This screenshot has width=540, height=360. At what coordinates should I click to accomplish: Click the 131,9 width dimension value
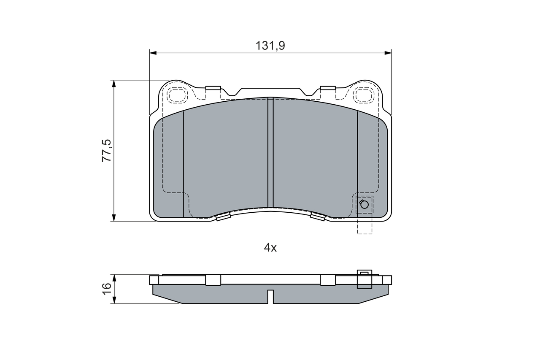click(x=270, y=46)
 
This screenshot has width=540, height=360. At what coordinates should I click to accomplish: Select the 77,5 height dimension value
click(x=106, y=151)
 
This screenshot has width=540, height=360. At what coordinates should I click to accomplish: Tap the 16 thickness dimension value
click(x=106, y=289)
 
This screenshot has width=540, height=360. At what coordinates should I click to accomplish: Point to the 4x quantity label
click(x=270, y=248)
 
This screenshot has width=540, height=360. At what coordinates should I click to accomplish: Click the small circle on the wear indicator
click(x=364, y=204)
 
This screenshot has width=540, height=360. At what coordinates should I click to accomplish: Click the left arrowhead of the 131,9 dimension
click(x=153, y=53)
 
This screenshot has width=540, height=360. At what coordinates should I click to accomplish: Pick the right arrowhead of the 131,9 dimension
click(x=388, y=53)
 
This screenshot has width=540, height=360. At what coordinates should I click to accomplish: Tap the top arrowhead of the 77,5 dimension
click(x=114, y=84)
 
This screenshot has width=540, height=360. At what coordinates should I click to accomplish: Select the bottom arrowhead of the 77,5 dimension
click(x=114, y=218)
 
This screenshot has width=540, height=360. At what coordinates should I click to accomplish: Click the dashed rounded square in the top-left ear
click(x=178, y=95)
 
